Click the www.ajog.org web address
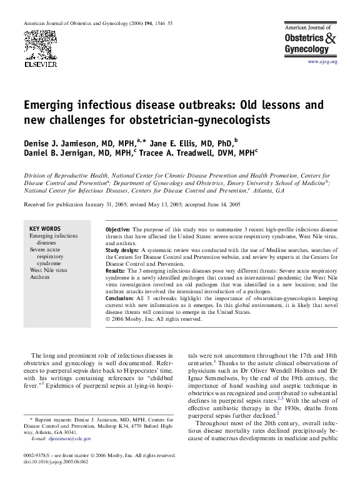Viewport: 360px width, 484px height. [322, 63]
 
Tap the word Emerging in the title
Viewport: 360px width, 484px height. [54, 104]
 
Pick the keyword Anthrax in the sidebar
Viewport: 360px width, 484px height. [40, 276]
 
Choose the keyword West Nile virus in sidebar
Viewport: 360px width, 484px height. [47, 269]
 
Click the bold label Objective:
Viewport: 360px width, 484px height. [118, 230]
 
